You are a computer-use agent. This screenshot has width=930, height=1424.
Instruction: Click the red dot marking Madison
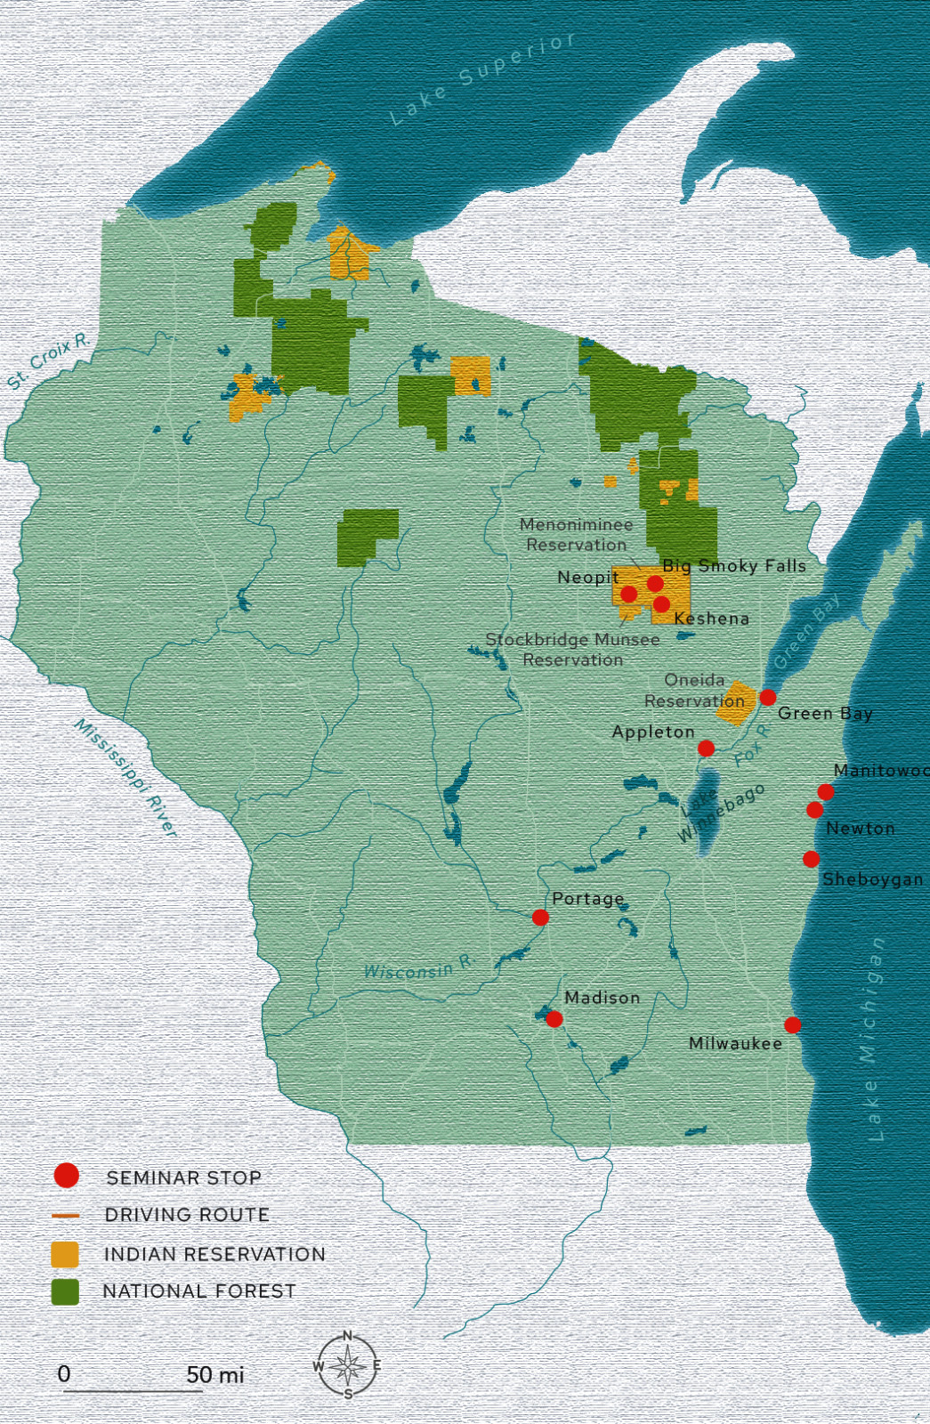pyautogui.click(x=554, y=1018)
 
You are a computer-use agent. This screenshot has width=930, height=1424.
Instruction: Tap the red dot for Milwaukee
pyautogui.click(x=792, y=1024)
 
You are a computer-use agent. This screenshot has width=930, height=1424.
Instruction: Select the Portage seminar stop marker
pyautogui.click(x=540, y=917)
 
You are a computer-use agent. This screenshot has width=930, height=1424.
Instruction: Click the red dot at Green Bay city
pyautogui.click(x=767, y=697)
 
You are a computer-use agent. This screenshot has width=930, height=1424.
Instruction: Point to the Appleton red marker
pyautogui.click(x=706, y=748)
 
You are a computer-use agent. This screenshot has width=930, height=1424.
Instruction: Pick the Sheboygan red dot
pyautogui.click(x=811, y=858)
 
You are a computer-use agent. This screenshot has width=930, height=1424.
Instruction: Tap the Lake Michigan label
pyautogui.click(x=873, y=1037)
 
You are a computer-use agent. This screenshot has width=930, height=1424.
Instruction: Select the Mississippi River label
pyautogui.click(x=125, y=777)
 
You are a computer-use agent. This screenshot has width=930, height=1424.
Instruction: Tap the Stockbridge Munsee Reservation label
pyautogui.click(x=572, y=650)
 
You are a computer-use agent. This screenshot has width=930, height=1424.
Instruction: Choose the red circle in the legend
pyautogui.click(x=66, y=1176)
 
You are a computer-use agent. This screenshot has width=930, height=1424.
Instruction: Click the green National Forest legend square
pyautogui.click(x=65, y=1291)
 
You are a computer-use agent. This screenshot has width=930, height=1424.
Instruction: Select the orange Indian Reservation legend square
pyautogui.click(x=65, y=1254)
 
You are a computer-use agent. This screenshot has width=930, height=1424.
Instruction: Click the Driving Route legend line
pyautogui.click(x=65, y=1215)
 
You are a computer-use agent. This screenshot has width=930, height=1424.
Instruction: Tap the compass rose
pyautogui.click(x=348, y=1365)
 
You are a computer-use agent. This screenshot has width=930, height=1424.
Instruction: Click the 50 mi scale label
pyautogui.click(x=214, y=1374)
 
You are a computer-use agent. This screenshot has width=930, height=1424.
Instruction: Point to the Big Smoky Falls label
pyautogui.click(x=734, y=565)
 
